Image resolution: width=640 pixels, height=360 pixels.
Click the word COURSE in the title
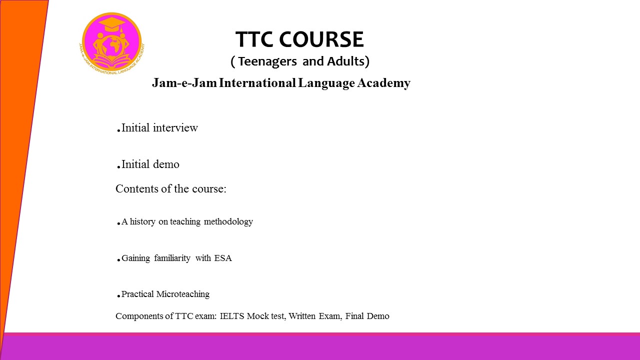click(x=321, y=39)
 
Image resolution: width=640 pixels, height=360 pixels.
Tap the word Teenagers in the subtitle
click(x=267, y=61)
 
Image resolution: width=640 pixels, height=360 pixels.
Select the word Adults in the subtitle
click(x=346, y=61)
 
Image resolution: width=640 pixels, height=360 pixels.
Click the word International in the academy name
click(x=257, y=83)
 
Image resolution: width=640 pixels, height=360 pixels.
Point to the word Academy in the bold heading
click(x=383, y=83)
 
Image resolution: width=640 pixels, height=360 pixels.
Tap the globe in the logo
click(x=113, y=45)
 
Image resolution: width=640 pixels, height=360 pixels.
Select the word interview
click(x=175, y=127)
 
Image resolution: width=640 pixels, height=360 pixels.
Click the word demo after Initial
click(x=166, y=164)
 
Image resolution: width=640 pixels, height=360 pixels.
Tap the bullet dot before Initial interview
click(x=118, y=130)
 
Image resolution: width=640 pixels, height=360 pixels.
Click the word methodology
click(x=228, y=221)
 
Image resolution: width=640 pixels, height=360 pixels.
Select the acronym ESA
click(x=223, y=258)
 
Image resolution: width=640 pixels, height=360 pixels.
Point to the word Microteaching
click(x=183, y=294)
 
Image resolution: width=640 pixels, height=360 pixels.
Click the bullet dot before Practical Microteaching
click(x=118, y=296)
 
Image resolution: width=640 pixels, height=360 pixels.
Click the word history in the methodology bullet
click(x=142, y=221)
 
